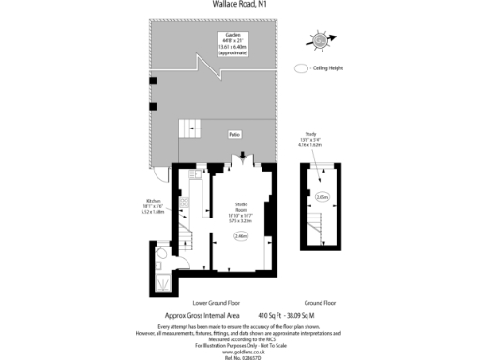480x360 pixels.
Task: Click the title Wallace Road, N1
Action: [240, 5]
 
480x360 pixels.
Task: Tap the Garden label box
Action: [232, 43]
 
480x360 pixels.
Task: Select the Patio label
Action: [232, 135]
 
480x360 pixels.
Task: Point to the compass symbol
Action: [322, 39]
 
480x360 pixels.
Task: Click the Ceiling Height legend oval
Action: [300, 68]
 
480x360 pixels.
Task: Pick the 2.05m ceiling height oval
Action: [322, 197]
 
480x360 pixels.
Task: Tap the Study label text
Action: [322, 139]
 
